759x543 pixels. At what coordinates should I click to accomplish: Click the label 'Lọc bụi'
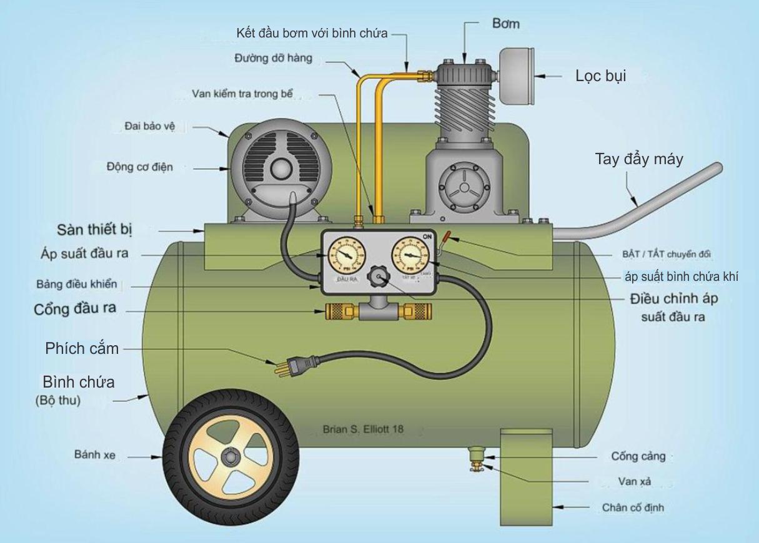click(x=600, y=76)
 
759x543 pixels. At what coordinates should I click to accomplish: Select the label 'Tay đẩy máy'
click(x=638, y=159)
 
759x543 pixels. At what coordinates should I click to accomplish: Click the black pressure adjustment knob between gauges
click(x=377, y=276)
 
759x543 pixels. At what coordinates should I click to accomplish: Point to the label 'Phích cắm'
click(x=82, y=348)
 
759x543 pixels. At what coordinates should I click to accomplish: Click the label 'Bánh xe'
click(x=95, y=456)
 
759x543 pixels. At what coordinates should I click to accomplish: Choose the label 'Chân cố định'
click(x=633, y=507)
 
